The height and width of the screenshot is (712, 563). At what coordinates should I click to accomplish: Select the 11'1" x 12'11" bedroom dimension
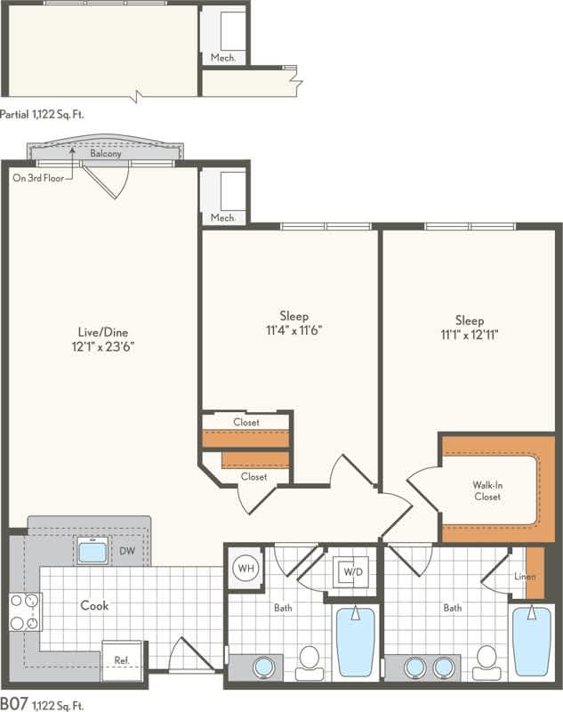(x=469, y=335)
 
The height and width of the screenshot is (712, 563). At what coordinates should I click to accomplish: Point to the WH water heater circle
(x=245, y=566)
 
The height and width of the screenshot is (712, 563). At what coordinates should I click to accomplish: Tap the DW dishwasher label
(x=127, y=551)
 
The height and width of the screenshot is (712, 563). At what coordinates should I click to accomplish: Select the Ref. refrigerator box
(x=122, y=660)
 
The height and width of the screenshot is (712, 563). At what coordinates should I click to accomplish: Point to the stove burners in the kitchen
(x=25, y=611)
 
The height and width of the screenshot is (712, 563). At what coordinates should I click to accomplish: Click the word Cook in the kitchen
(x=94, y=606)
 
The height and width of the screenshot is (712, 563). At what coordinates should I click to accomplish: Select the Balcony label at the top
(x=106, y=153)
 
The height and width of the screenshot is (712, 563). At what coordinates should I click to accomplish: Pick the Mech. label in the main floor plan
(x=222, y=217)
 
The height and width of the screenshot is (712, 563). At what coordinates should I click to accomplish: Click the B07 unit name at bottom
(x=13, y=705)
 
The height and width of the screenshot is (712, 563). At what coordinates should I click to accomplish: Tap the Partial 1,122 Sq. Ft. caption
(x=48, y=113)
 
